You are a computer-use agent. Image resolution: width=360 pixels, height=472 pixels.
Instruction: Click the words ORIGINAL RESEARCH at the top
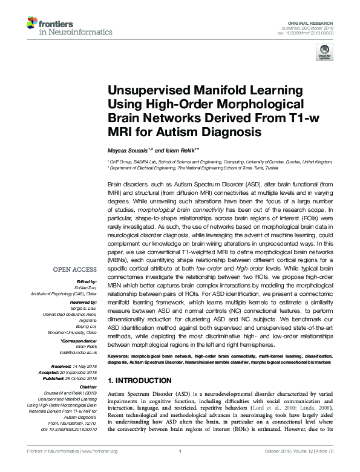click(x=310, y=21)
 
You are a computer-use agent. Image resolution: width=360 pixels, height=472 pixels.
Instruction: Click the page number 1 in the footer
click(x=180, y=467)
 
